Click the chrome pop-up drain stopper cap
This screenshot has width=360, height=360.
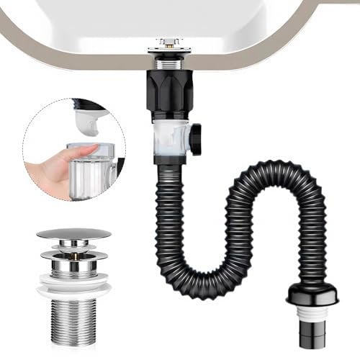click(x=73, y=234)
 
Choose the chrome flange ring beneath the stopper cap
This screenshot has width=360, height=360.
click(x=73, y=254)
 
